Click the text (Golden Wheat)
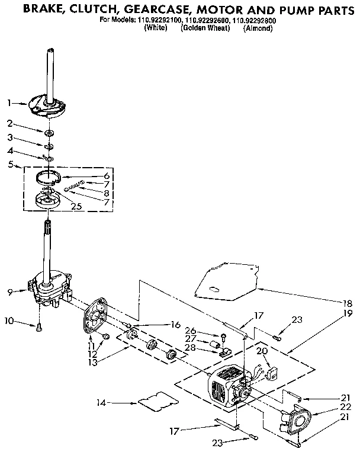[205, 27]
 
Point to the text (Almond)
[257, 27]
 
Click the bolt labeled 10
[38, 326]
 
